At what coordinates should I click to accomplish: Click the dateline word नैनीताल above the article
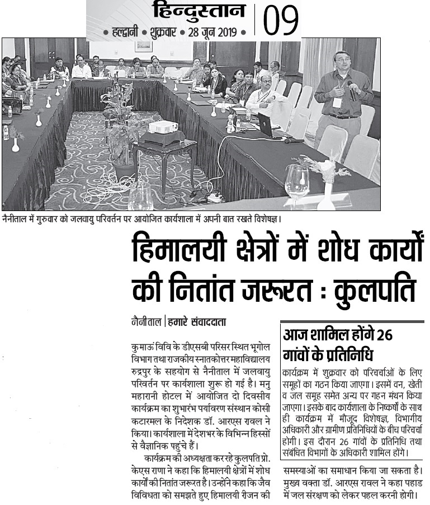143,322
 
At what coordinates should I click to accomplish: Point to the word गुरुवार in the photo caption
53,217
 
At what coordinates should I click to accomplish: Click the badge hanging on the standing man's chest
337,103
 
